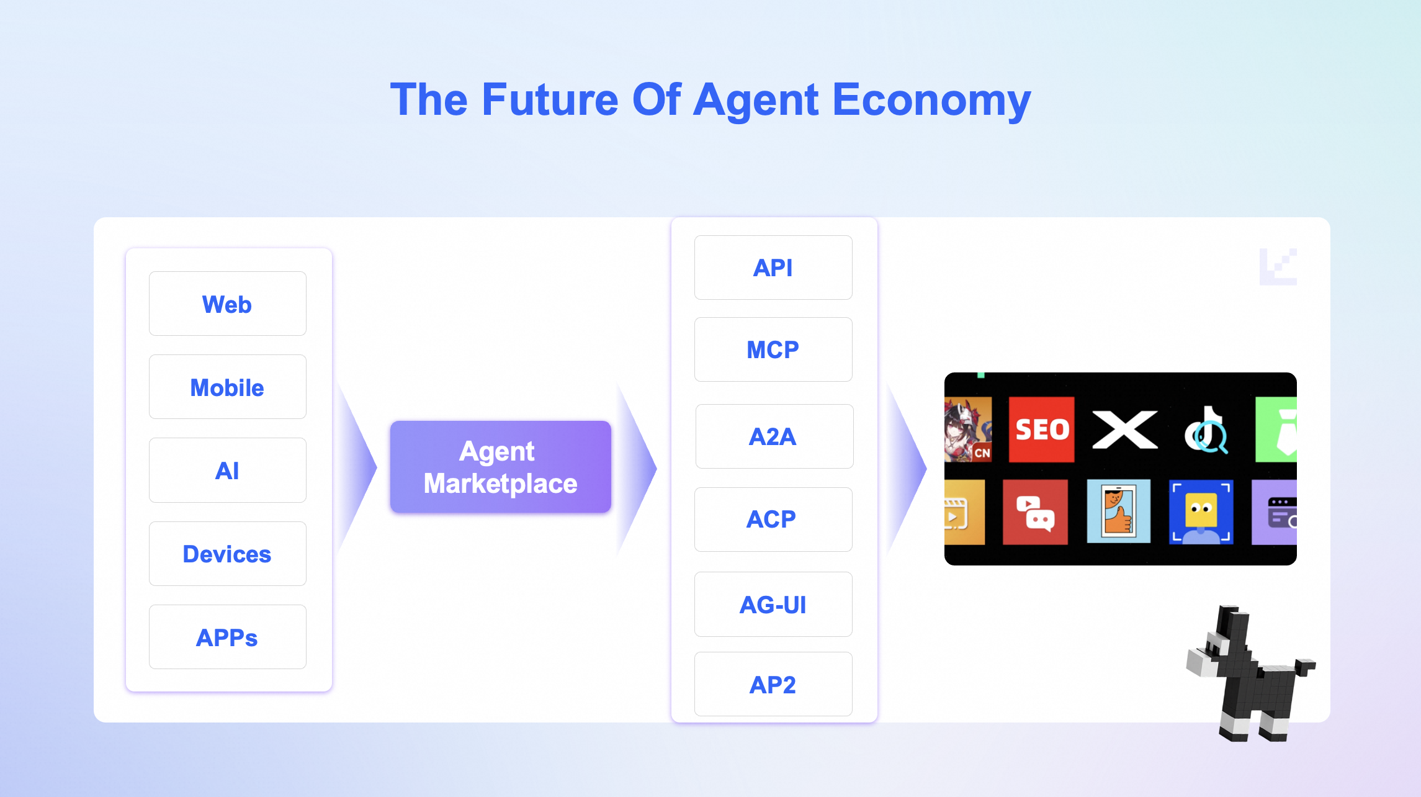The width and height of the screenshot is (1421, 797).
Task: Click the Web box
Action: [227, 304]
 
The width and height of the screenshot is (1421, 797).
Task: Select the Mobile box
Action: [227, 387]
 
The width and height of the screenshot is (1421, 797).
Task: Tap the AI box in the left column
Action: [227, 470]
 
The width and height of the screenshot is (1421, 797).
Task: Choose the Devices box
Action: [227, 554]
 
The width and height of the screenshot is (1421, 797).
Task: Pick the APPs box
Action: [227, 637]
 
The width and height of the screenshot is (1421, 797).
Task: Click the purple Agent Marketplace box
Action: [500, 467]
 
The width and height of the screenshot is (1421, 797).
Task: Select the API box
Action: [773, 268]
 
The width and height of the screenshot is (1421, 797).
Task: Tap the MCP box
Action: [773, 349]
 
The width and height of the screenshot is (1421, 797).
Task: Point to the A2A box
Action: [774, 436]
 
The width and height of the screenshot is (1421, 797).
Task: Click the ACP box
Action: [773, 520]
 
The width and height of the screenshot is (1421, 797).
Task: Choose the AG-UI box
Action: [773, 604]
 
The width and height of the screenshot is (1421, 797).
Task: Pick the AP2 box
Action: [773, 684]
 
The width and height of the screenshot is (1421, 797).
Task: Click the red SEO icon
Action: [1041, 430]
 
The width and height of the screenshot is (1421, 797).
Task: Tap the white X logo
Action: [1124, 430]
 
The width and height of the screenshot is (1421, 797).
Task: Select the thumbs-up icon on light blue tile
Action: [1119, 511]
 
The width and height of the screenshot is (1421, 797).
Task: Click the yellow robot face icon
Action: [1201, 512]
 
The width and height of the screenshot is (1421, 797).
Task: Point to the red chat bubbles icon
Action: [1035, 512]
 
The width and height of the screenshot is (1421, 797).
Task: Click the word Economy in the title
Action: [931, 101]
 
